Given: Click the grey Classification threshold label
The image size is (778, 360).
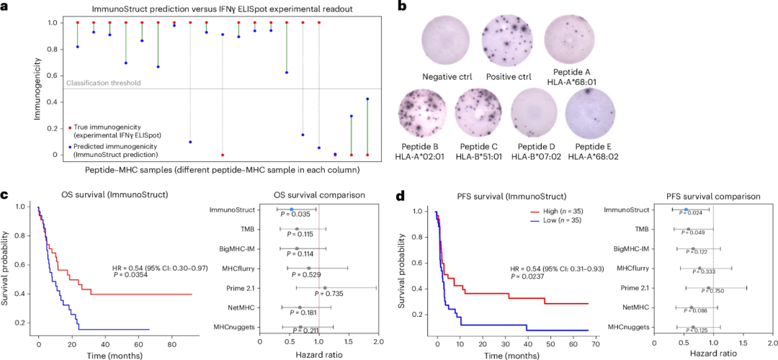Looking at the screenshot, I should point(103,83).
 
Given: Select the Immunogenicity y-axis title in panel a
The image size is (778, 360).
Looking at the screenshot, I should point(8,88).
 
